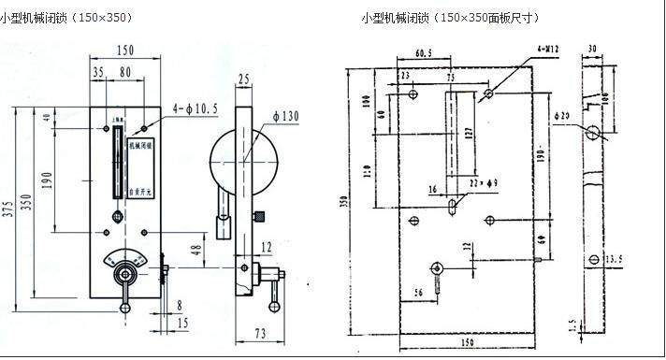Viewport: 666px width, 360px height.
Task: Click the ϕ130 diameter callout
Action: point(287,115)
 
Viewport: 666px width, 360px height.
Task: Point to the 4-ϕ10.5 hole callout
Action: point(195,108)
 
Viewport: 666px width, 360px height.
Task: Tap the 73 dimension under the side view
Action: point(258,334)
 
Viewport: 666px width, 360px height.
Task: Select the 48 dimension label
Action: point(195,250)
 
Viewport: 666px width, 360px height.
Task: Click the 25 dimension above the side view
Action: point(245,79)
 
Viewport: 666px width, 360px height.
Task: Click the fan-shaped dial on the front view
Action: point(125,259)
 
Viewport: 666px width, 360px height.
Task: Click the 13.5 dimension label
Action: point(614,258)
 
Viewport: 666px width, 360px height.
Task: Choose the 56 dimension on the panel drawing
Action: point(418,292)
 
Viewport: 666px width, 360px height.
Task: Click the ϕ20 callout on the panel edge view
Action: point(561,115)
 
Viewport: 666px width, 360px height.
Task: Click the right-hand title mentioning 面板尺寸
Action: point(450,18)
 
